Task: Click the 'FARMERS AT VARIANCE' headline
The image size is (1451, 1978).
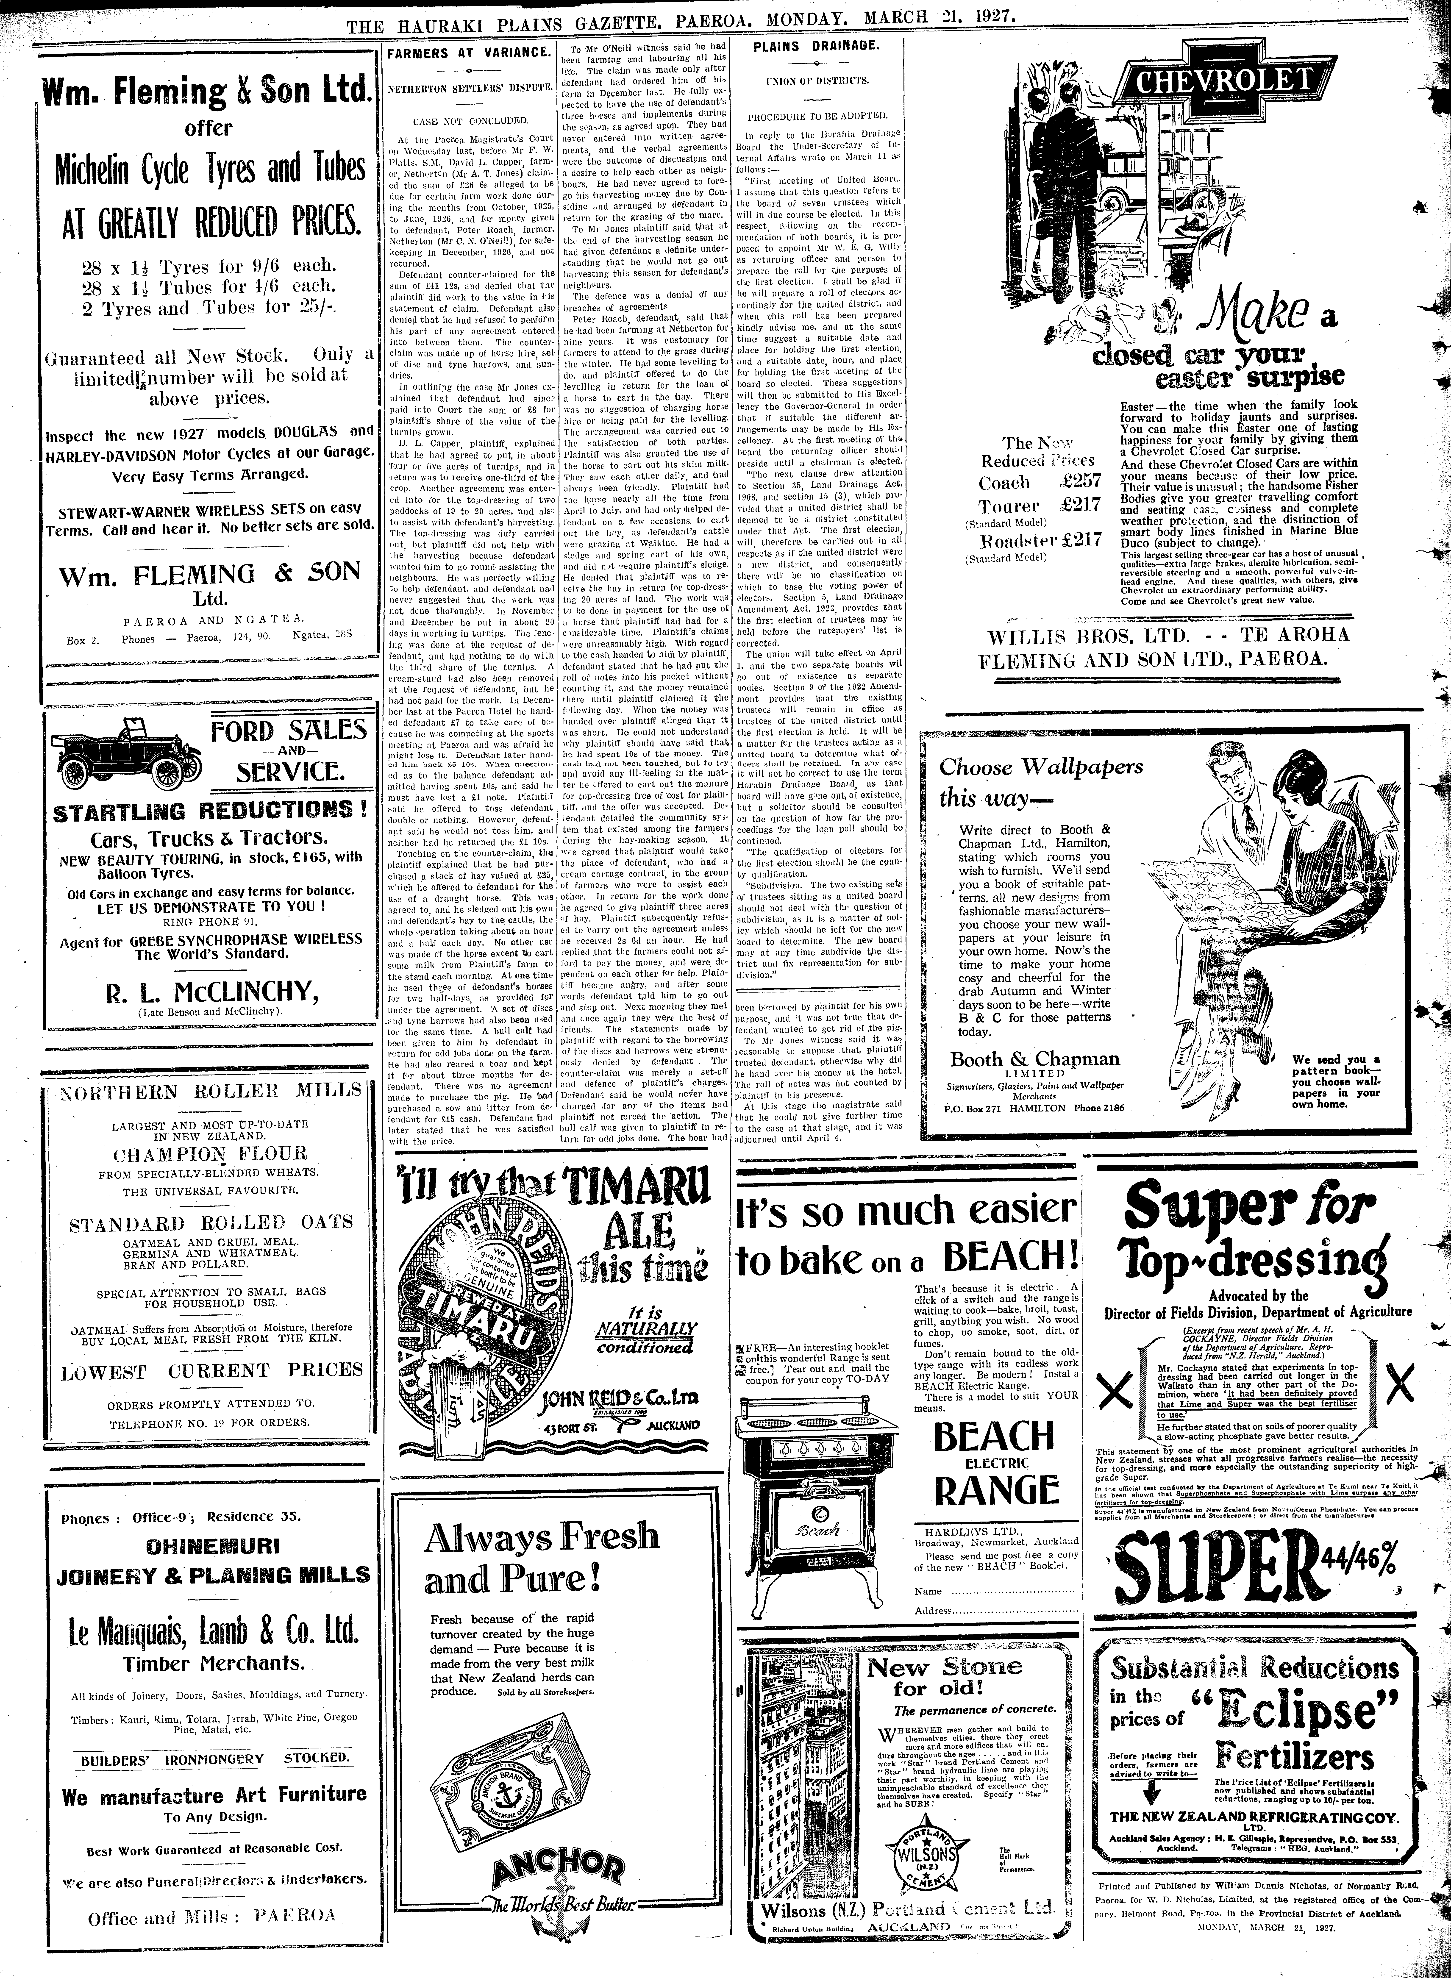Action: click(x=469, y=53)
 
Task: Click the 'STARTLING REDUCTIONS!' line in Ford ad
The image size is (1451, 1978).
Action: click(x=210, y=811)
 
